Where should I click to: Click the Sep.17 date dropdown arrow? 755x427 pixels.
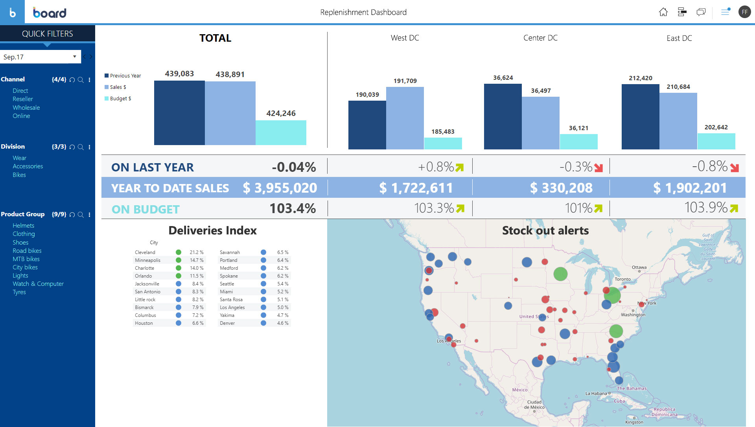click(x=74, y=57)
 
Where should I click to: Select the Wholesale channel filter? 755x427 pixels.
click(x=26, y=107)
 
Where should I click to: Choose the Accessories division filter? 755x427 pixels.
click(x=28, y=166)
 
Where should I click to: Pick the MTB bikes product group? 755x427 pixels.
click(x=26, y=259)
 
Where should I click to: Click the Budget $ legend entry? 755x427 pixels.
click(x=118, y=98)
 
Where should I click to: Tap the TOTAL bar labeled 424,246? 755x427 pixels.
click(x=281, y=133)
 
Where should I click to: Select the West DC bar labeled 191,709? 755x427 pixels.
click(x=405, y=118)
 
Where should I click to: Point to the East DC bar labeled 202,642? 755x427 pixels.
click(x=716, y=141)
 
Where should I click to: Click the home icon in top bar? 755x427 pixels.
click(x=663, y=12)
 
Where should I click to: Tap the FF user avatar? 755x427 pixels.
click(x=744, y=12)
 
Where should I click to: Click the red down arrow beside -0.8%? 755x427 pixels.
click(x=734, y=168)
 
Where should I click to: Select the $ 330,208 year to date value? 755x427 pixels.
click(x=561, y=188)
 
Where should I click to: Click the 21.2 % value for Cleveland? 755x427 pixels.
click(x=197, y=252)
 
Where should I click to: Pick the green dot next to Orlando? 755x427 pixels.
click(x=179, y=276)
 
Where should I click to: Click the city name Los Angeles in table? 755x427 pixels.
click(x=232, y=307)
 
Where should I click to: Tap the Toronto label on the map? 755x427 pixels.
click(x=622, y=279)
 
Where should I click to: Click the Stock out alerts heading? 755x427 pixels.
click(x=545, y=230)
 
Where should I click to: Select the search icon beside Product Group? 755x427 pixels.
click(x=81, y=215)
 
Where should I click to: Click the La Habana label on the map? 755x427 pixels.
click(x=596, y=393)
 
